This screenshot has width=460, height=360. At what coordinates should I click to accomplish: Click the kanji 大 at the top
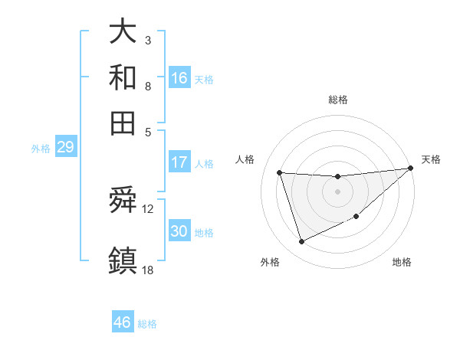pyautogui.click(x=123, y=32)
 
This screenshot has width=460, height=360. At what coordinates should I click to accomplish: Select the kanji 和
pyautogui.click(x=123, y=77)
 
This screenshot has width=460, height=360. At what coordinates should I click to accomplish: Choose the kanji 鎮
pyautogui.click(x=123, y=258)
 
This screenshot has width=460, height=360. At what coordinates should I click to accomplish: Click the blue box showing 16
pyautogui.click(x=179, y=78)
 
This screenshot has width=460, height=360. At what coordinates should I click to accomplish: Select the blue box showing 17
pyautogui.click(x=179, y=162)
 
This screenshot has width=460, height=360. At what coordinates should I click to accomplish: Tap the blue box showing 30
pyautogui.click(x=179, y=231)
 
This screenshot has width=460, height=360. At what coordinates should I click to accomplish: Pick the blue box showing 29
pyautogui.click(x=65, y=148)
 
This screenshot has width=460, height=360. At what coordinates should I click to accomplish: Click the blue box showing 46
pyautogui.click(x=123, y=322)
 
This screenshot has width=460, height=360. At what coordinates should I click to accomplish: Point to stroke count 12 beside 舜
pyautogui.click(x=148, y=208)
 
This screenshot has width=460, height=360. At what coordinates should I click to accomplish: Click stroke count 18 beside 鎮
pyautogui.click(x=148, y=269)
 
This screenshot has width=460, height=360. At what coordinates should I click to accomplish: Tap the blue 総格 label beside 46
pyautogui.click(x=147, y=324)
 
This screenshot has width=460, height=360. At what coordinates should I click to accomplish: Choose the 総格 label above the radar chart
pyautogui.click(x=337, y=100)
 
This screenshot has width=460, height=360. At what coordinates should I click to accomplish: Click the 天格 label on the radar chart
pyautogui.click(x=431, y=159)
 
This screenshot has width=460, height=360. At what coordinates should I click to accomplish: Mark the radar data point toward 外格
pyautogui.click(x=301, y=242)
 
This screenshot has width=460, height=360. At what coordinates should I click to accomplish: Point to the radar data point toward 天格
pyautogui.click(x=410, y=169)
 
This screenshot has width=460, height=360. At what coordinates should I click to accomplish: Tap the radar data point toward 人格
pyautogui.click(x=280, y=173)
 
